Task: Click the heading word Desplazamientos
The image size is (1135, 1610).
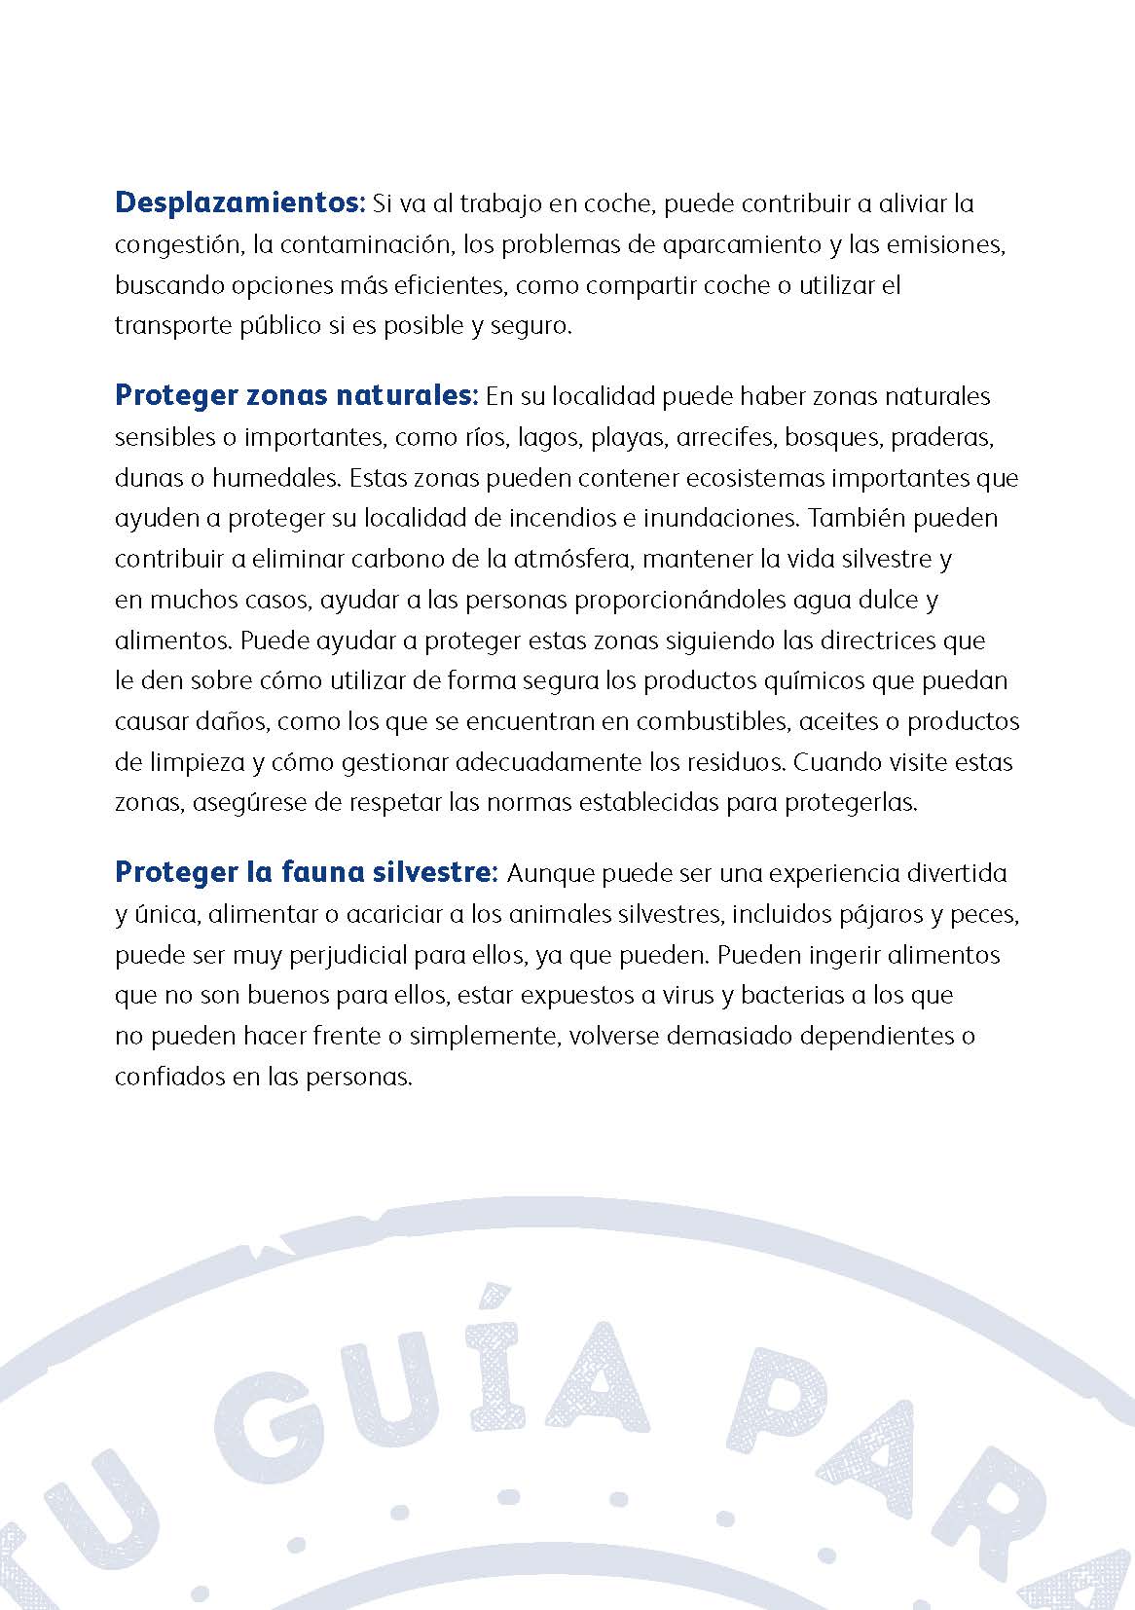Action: click(x=238, y=203)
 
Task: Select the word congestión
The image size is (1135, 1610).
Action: click(x=176, y=244)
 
